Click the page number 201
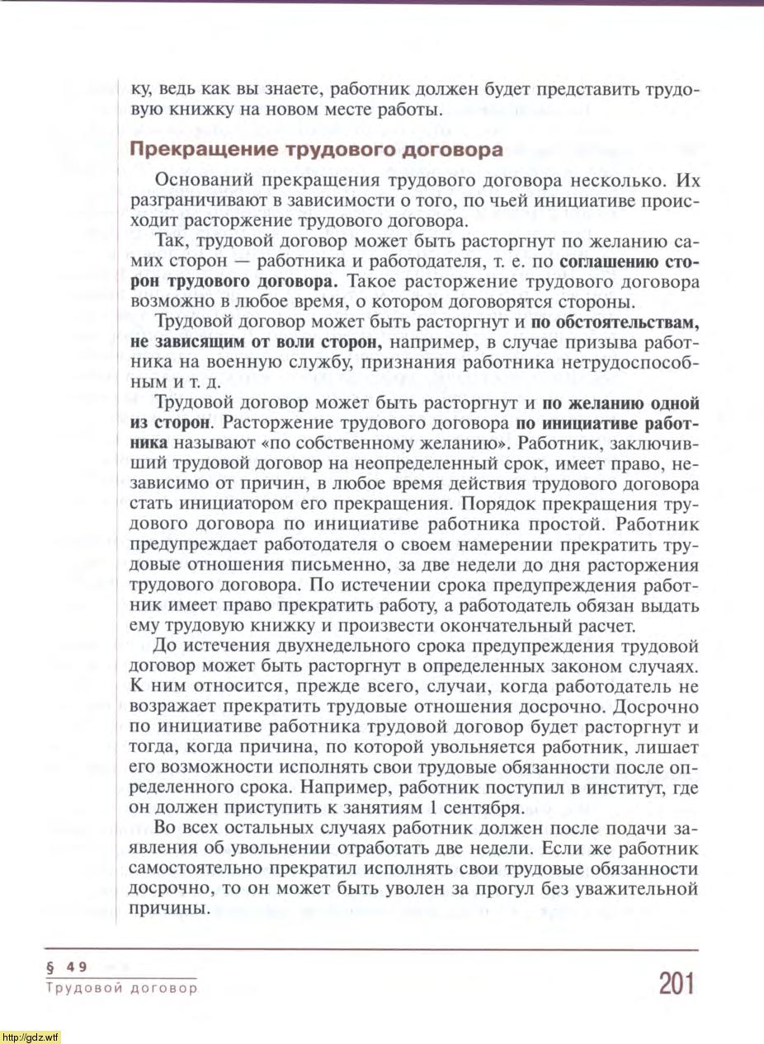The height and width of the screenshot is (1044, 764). [x=677, y=984]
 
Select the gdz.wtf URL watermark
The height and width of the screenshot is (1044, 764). [x=31, y=1037]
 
